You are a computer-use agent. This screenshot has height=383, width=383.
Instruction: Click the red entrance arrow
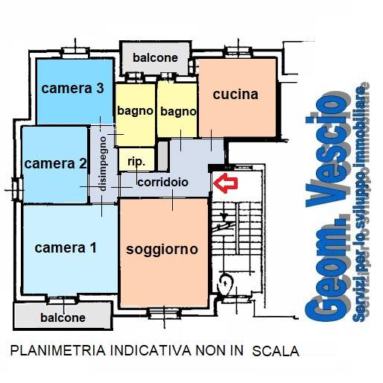224,181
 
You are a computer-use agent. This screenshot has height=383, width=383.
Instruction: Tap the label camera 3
72,89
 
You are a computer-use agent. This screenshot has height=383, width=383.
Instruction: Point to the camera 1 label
66,248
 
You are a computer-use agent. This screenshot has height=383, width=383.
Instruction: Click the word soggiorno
162,249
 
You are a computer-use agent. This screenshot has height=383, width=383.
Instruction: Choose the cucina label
235,95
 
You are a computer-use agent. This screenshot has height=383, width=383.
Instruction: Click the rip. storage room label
136,161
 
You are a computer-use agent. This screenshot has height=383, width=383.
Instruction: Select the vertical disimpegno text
104,163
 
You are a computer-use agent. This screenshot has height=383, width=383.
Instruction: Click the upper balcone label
155,57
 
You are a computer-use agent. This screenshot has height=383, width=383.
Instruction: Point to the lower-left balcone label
62,317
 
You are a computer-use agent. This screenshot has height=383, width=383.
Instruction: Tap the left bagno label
135,111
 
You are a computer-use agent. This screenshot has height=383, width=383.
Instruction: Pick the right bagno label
177,112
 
